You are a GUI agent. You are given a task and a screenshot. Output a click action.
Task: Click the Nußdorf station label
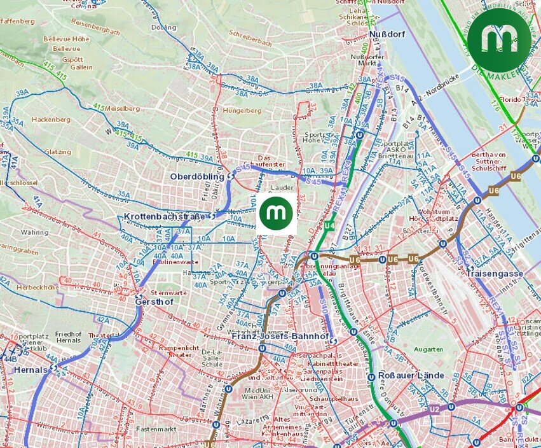385,34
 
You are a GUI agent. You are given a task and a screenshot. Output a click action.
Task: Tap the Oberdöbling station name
197,176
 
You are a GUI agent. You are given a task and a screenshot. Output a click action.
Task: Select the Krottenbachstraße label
165,217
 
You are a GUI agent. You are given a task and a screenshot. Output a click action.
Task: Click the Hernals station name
31,370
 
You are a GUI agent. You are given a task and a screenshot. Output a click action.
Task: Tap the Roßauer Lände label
411,375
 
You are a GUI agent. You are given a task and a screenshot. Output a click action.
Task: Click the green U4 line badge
329,226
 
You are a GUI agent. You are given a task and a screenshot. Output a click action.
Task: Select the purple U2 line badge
435,409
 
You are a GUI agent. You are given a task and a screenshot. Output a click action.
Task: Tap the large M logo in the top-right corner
500,39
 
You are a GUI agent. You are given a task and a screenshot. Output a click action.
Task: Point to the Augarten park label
428,349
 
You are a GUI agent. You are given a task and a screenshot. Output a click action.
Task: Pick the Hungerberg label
242,110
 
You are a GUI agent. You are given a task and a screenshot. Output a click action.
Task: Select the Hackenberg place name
51,119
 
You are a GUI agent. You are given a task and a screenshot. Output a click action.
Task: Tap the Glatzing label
58,152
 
